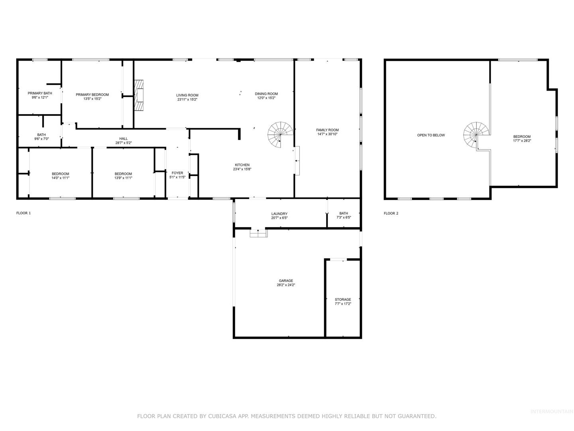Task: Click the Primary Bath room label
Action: (40, 93)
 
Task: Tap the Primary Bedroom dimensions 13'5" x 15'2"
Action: (92, 99)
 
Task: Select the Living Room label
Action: (187, 95)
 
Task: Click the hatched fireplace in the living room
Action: (139, 95)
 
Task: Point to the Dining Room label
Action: (266, 94)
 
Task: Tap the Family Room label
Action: (327, 130)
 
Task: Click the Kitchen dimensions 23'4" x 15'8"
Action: (242, 169)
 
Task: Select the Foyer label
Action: (177, 173)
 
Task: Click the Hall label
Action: (124, 139)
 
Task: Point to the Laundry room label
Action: (279, 214)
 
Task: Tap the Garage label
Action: (286, 281)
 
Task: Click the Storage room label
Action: (343, 300)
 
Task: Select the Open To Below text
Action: (431, 135)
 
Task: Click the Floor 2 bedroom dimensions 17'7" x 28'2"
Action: (522, 141)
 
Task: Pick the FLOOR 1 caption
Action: (24, 213)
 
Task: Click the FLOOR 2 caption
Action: (391, 213)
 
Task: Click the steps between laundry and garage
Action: (258, 233)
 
